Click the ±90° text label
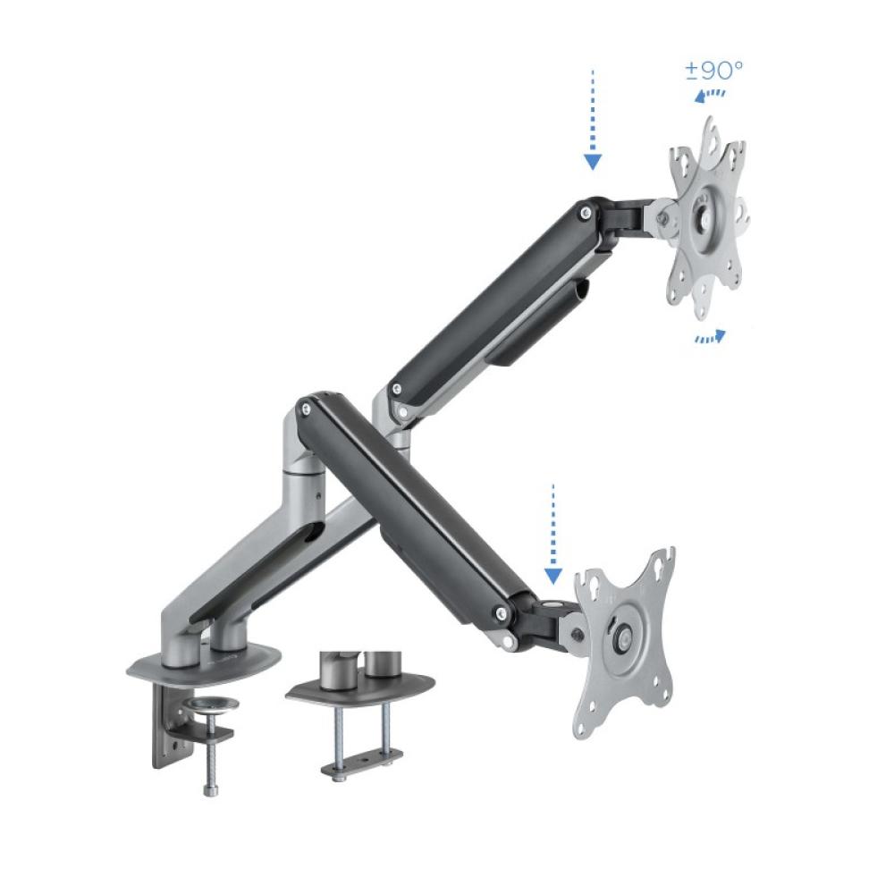coord(714,71)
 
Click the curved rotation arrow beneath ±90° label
coord(711,94)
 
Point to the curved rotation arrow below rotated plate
coord(711,336)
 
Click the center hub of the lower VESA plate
coord(622,638)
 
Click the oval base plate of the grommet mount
coord(360,689)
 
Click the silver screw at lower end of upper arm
coord(392,390)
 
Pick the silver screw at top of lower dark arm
coord(307,409)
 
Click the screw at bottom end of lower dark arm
coord(502,613)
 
